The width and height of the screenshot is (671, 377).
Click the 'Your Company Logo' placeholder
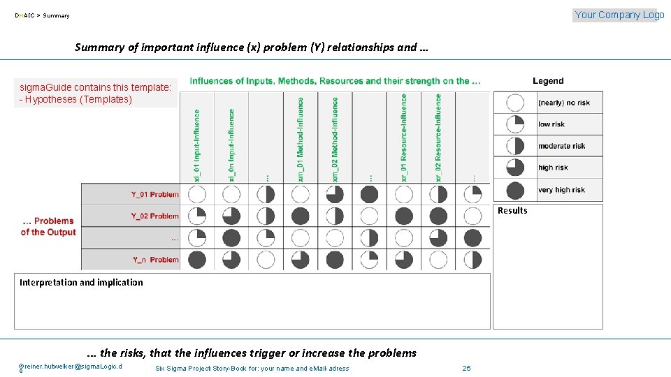coord(615,15)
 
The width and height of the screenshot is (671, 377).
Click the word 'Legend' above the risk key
coord(548,81)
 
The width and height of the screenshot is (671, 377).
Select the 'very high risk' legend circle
coord(515,190)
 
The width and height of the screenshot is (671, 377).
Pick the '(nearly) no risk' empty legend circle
coord(515,103)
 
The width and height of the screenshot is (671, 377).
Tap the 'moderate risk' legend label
coord(561,146)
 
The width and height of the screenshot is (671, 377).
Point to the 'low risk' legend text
coord(551,124)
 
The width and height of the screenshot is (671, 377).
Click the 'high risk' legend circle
coord(515,168)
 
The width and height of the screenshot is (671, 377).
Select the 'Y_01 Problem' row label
coord(155,194)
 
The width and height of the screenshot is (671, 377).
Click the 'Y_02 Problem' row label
coord(155,216)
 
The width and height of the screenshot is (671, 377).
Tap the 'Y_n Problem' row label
coord(156,260)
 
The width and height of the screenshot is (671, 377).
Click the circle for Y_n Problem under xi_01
coord(197,260)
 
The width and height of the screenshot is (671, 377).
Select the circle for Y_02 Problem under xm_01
coord(301,216)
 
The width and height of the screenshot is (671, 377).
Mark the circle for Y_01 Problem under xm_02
coord(335,194)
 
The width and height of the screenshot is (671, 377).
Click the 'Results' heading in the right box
coord(512,211)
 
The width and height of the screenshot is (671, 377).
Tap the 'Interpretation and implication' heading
coord(81,283)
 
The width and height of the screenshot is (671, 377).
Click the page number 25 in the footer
coord(467,368)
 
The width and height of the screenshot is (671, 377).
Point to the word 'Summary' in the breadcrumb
coord(57,15)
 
